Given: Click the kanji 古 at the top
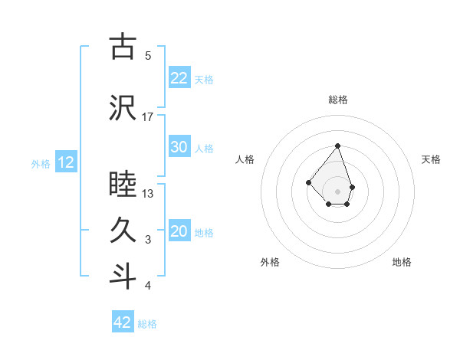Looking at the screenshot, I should pos(123,47).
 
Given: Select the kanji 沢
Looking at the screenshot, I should pos(123,108).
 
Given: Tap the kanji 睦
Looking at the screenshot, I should pos(123,185).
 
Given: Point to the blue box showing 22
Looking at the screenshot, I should pos(179,77).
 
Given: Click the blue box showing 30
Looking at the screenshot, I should pos(179,147).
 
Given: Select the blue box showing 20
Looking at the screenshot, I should pos(179,231).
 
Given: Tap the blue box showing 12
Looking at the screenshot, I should pos(65,162).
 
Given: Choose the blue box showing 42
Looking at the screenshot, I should pos(123,322).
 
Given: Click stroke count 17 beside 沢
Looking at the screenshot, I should pos(148,116).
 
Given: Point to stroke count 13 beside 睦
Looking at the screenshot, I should pos(148,193).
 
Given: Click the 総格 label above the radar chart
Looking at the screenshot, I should pos(337,100).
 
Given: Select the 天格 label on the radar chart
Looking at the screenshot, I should pos(432,159).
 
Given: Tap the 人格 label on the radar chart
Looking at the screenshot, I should pos(245,159).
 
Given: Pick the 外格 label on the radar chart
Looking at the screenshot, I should pos(270,262).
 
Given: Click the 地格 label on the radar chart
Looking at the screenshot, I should pos(402,262).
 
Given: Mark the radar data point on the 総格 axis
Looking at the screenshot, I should pos(337,146).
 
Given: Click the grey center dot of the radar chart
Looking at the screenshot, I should pos(337,191).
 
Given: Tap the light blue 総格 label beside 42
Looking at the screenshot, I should pos(147,324).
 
